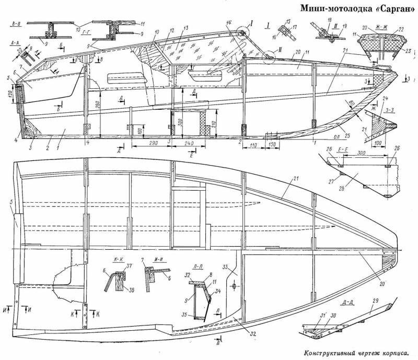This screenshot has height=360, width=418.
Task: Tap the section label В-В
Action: (16, 24)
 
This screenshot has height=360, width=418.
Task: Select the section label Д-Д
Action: (350, 302)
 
